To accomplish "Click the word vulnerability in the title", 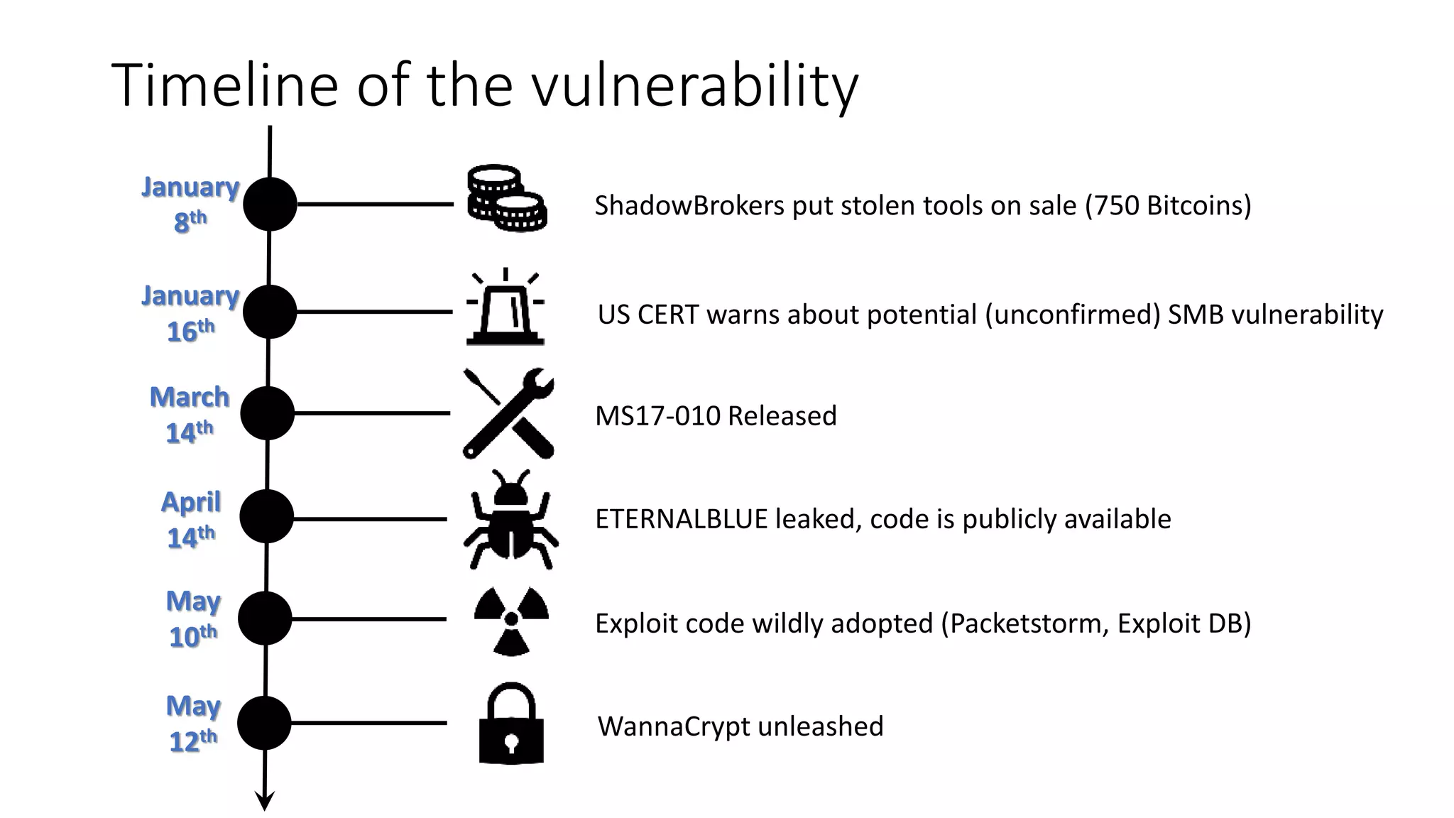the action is (695, 87).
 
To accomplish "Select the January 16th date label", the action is (190, 312).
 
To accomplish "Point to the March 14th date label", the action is (190, 414).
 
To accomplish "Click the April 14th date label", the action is (191, 519).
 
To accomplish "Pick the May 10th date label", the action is (193, 618).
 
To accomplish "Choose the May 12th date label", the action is (193, 723).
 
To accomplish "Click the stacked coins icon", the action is (506, 199).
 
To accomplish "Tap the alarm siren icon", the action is (505, 308).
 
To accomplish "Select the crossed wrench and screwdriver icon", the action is (508, 413).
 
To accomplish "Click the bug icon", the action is (510, 519).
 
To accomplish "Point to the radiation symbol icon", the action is (511, 620).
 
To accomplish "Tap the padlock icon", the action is (511, 724).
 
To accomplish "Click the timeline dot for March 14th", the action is (268, 413).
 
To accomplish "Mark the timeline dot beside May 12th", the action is (264, 723).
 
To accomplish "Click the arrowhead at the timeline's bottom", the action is (264, 802).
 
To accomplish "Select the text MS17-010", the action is (657, 416).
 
